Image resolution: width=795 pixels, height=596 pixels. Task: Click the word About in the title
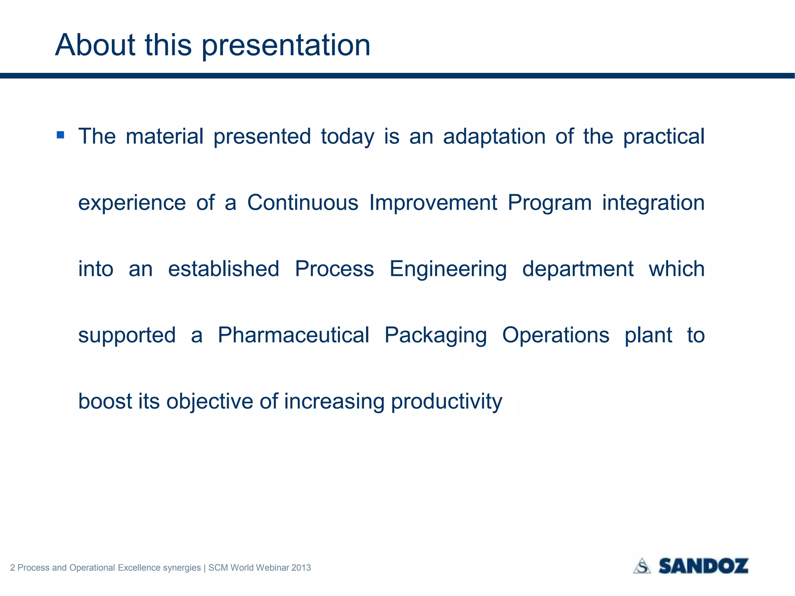95,45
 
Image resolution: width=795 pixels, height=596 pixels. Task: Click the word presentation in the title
286,46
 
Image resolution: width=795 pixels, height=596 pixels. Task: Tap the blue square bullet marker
60,135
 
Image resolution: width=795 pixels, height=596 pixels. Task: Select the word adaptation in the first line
494,137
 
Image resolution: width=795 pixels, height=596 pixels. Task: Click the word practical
663,137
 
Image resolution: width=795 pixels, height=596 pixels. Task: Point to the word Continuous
303,203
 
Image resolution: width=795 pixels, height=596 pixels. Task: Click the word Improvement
433,203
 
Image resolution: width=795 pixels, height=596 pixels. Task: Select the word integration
653,203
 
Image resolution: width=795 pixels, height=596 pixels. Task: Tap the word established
224,269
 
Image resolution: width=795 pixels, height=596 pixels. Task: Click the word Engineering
448,269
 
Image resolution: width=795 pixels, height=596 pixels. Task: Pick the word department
578,269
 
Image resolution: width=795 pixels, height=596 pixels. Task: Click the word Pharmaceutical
293,335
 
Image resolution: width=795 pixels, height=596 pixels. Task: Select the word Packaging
436,336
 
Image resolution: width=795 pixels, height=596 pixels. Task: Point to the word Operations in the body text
555,336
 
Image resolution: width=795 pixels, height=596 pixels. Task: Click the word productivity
446,402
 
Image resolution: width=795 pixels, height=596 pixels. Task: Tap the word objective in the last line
210,402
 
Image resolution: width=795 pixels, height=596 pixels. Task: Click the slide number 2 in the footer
12,568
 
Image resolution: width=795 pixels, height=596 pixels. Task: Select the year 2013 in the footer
301,568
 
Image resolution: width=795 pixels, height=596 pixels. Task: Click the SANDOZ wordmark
703,566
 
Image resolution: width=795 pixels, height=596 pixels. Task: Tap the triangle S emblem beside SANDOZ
642,566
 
